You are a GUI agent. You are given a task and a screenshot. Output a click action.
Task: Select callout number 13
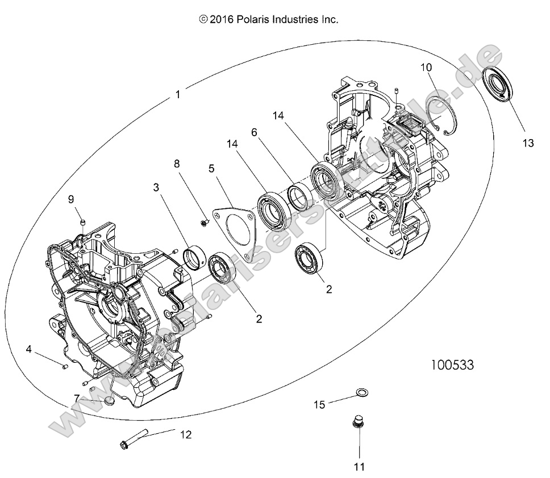click(x=528, y=144)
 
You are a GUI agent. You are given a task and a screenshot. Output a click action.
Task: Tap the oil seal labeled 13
click(x=498, y=83)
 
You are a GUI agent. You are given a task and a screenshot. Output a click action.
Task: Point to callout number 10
click(x=426, y=68)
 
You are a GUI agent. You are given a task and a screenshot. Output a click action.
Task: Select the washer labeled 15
click(x=361, y=393)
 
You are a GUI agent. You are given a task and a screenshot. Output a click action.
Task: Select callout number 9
click(x=71, y=199)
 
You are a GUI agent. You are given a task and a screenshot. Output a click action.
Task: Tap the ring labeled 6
click(x=299, y=198)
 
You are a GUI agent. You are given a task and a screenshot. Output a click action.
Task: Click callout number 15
click(x=320, y=404)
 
